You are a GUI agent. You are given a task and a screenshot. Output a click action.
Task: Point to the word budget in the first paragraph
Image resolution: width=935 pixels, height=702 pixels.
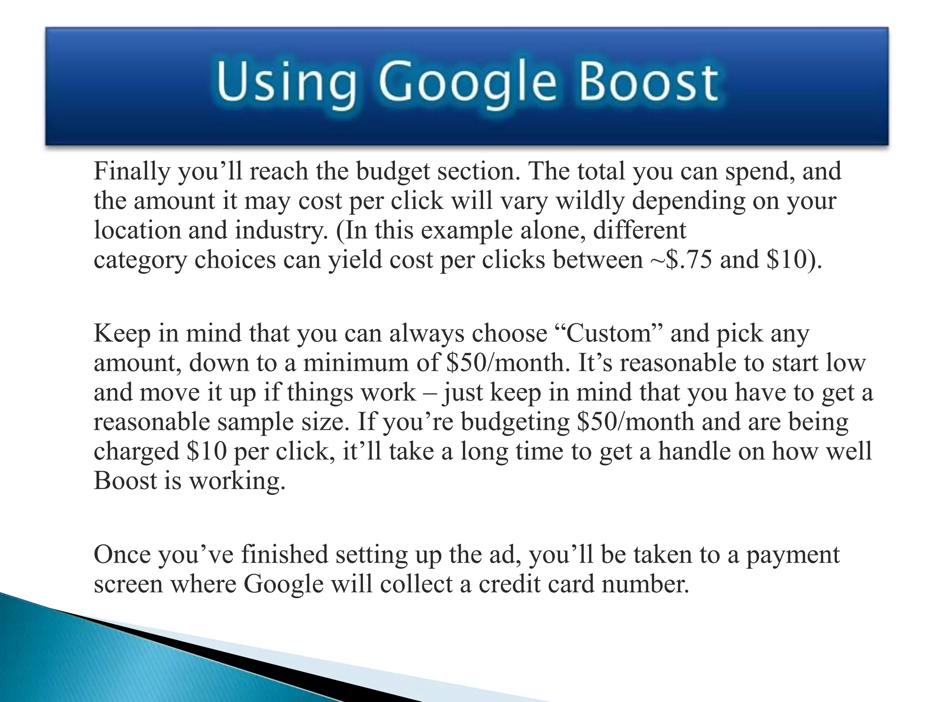pyautogui.click(x=393, y=172)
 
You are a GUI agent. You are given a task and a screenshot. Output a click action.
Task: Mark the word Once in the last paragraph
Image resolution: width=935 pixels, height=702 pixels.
pyautogui.click(x=121, y=555)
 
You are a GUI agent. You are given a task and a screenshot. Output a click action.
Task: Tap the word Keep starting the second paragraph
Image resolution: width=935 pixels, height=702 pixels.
pyautogui.click(x=122, y=334)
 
